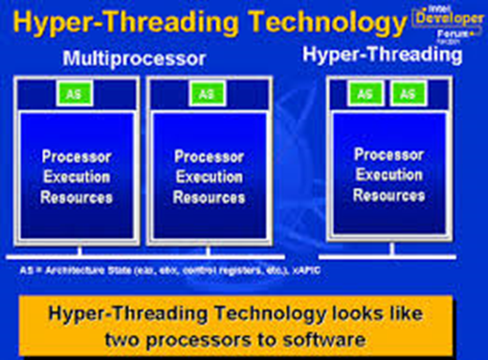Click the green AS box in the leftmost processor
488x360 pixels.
coord(74,94)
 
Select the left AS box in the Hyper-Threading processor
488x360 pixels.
coord(364,93)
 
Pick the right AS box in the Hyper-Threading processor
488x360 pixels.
coord(407,93)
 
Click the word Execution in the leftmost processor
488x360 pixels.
coord(77,177)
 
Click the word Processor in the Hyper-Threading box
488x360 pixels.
coord(388,153)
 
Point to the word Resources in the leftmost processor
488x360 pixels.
coord(77,198)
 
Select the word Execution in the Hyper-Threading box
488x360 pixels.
coord(388,174)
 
